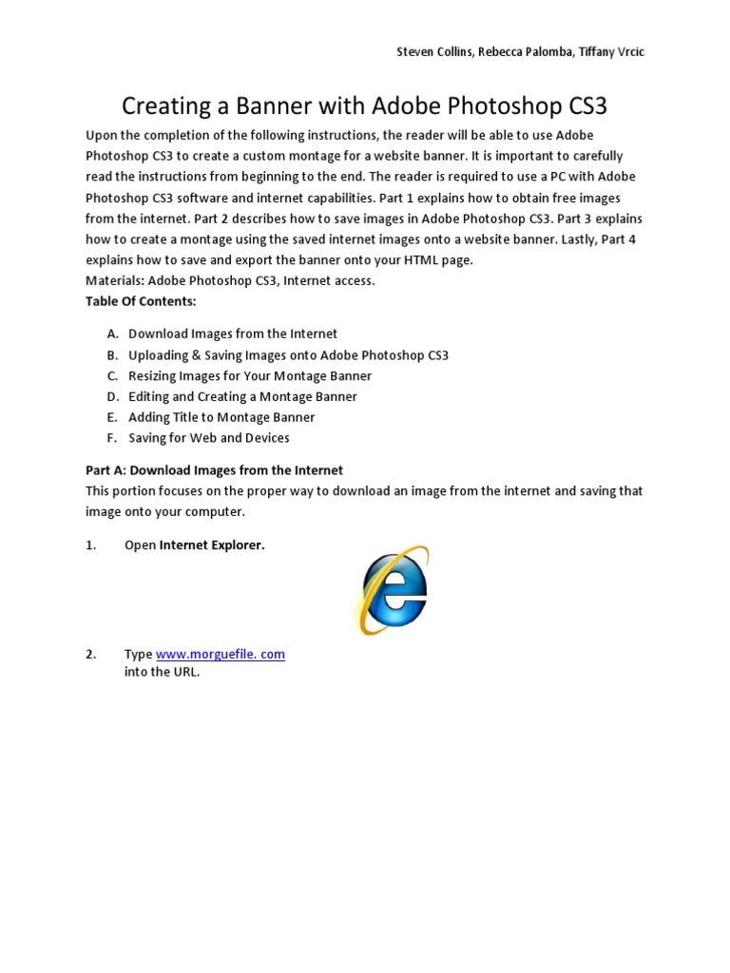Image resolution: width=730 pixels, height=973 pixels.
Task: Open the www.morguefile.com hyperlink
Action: coord(220,655)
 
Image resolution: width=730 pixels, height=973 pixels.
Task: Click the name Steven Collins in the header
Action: coord(433,52)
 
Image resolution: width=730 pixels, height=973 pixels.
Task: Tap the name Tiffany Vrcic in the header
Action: coord(608,52)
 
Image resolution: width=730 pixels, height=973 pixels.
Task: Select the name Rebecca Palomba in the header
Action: coord(520,52)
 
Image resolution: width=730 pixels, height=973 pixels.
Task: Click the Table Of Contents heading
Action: coord(141,301)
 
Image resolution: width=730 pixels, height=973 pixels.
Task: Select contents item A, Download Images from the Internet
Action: coord(232,334)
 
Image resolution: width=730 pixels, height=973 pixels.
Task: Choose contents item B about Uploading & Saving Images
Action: coord(288,354)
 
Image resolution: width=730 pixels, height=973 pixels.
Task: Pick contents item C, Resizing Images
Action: coord(250,375)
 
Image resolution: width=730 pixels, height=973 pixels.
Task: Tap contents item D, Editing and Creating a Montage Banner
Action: coord(242,396)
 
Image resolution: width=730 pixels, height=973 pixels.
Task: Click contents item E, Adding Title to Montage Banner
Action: coord(221,417)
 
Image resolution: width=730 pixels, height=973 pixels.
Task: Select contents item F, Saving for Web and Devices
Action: coord(209,438)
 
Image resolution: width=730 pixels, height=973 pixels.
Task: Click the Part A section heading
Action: coord(214,470)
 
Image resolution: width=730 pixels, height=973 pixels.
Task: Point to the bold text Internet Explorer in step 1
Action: coord(211,545)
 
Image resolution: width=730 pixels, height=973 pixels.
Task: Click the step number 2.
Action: coord(91,655)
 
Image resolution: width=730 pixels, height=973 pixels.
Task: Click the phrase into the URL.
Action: coord(163,673)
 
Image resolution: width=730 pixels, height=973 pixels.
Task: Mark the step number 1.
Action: coord(91,545)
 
